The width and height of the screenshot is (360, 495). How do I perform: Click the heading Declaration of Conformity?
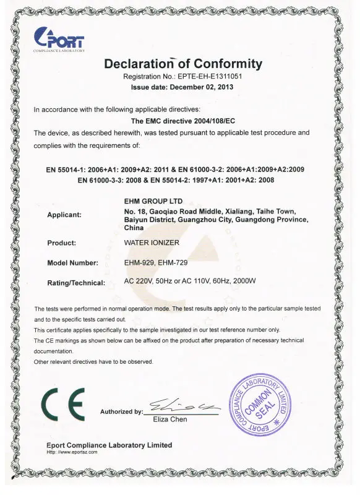tap(183, 64)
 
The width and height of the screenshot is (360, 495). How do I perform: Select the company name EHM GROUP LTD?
tap(150, 200)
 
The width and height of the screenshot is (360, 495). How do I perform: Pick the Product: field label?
tap(62, 243)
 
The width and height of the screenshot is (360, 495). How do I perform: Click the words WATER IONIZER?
tap(152, 243)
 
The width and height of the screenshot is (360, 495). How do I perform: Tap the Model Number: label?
tap(73, 263)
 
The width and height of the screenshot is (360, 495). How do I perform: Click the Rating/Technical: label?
tap(77, 283)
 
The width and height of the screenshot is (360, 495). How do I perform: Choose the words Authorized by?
tap(121, 411)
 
